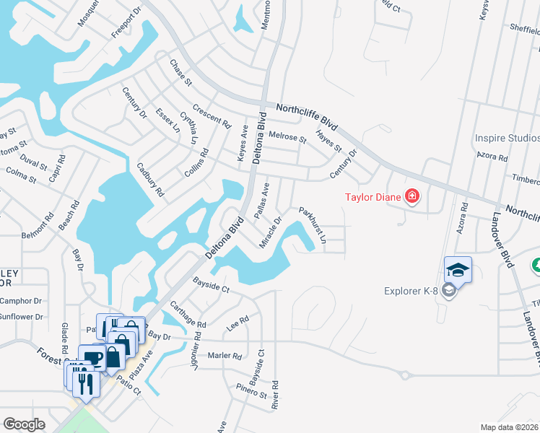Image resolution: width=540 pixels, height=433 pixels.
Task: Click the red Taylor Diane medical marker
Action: [x=412, y=196]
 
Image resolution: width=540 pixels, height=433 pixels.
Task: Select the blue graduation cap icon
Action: [x=458, y=270]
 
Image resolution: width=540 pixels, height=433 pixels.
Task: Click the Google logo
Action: [x=24, y=424]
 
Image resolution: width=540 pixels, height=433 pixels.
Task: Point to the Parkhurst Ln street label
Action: [x=313, y=225]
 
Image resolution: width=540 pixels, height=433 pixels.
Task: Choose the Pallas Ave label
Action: [x=262, y=200]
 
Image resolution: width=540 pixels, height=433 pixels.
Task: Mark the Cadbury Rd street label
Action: [x=151, y=180]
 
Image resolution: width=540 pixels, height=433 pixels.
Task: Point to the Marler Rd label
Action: [x=225, y=356]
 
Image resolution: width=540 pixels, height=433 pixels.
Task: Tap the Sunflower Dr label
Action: [x=22, y=317]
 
